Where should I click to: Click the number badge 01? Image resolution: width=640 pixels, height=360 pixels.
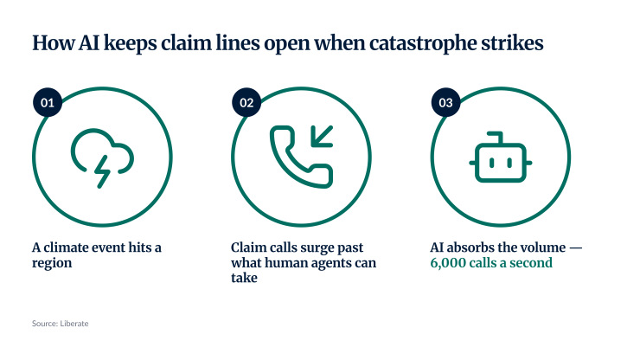[48, 102]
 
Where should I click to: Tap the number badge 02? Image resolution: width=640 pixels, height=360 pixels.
[246, 102]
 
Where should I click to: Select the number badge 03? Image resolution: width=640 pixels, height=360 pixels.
[445, 102]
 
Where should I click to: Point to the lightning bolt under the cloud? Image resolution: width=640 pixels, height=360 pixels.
[102, 171]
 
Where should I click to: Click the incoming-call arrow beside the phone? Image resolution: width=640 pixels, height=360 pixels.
[322, 136]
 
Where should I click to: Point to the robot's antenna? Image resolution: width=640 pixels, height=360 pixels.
[496, 137]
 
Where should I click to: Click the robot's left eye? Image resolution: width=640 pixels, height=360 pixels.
[492, 163]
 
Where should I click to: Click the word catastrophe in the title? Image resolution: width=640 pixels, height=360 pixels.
[422, 43]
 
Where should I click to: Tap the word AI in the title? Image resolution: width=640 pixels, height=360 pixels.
[89, 42]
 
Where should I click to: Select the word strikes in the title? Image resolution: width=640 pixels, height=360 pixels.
[512, 42]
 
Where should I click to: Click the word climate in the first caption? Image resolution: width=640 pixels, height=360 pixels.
[66, 247]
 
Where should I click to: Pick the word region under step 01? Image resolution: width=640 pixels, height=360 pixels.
[52, 263]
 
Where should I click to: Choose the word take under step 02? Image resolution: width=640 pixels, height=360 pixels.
[244, 278]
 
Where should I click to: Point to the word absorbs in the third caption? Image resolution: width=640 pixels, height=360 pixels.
[465, 247]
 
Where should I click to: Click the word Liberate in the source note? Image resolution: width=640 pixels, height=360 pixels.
[74, 324]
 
